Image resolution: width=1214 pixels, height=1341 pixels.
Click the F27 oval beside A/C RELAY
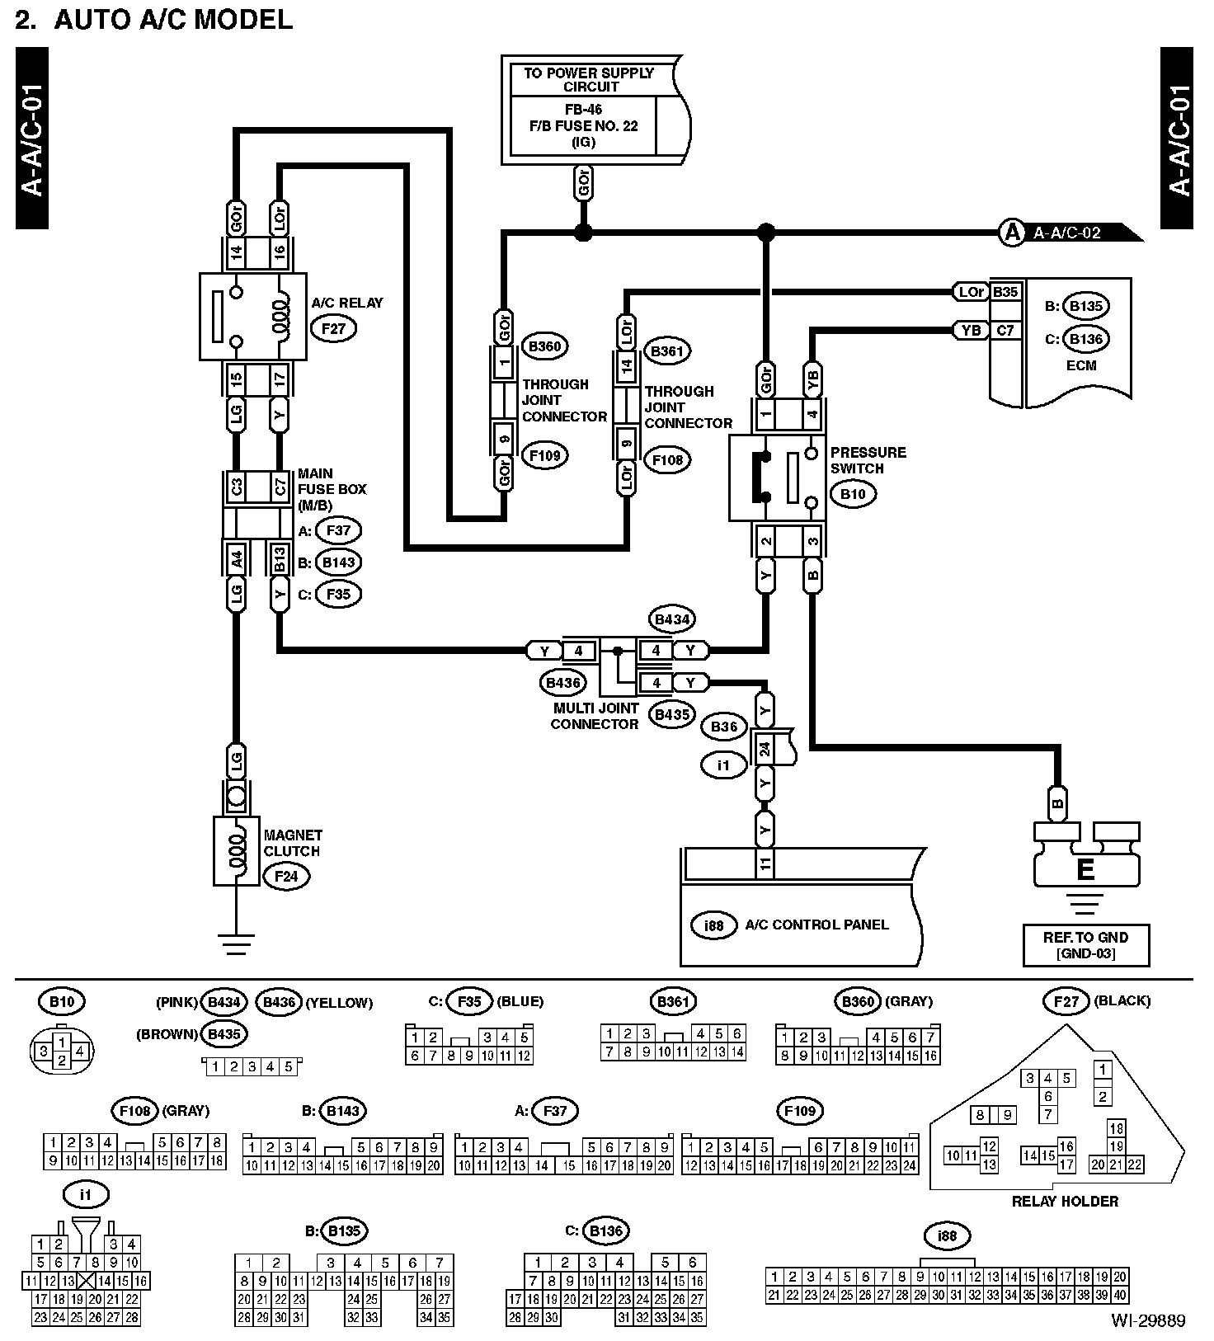334,329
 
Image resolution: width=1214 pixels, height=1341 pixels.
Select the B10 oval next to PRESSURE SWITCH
853,494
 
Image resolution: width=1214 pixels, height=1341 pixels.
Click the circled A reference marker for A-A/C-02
1011,233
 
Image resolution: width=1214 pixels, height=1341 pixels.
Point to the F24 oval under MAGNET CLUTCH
286,876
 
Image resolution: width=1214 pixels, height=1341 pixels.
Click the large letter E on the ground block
1085,869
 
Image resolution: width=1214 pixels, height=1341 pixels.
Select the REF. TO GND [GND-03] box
1085,945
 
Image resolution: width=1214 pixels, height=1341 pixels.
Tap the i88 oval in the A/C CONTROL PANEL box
714,925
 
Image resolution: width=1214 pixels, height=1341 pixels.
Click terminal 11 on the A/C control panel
765,863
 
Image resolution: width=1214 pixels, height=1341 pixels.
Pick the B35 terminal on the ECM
1005,292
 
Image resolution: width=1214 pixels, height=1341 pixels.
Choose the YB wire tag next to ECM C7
972,330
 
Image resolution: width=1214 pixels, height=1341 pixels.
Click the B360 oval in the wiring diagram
544,346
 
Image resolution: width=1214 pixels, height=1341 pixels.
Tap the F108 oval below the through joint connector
667,460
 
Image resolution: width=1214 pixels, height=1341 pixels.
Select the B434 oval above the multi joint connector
672,619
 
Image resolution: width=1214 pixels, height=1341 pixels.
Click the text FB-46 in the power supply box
584,110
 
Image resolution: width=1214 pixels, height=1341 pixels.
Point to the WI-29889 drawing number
1147,1320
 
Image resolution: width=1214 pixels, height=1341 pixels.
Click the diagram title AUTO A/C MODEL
173,20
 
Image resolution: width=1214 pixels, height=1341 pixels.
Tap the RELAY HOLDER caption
1065,1201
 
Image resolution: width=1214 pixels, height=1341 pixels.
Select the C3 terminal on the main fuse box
237,487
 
